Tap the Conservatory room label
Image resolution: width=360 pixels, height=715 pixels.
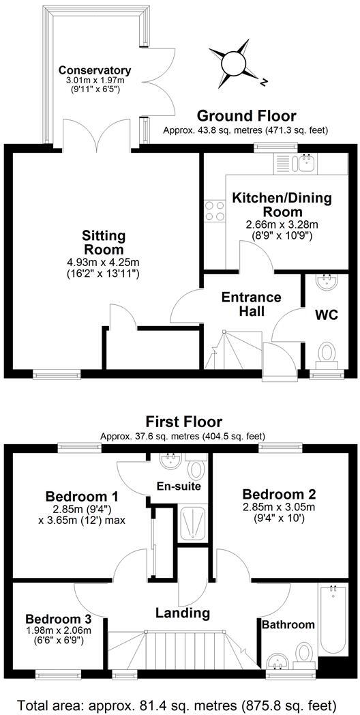[94, 70]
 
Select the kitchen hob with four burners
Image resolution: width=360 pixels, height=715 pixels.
[215, 210]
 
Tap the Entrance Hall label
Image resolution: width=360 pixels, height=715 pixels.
[251, 304]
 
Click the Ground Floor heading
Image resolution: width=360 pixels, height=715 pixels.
[246, 115]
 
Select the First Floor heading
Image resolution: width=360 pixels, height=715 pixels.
[183, 422]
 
